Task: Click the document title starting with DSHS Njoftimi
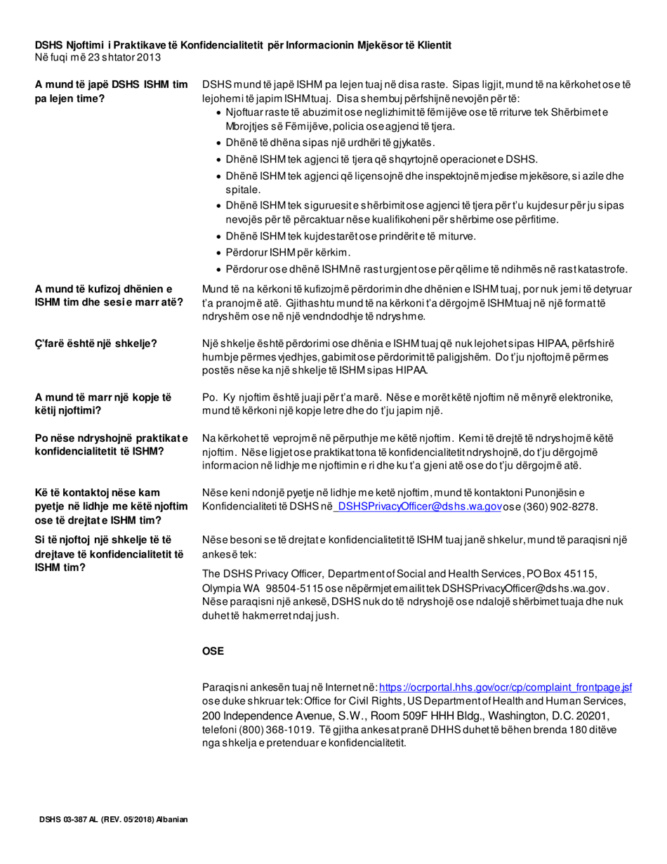pyautogui.click(x=242, y=45)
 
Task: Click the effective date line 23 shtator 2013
pyautogui.click(x=98, y=56)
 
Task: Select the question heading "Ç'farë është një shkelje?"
pyautogui.click(x=95, y=343)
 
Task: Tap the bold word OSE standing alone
pyautogui.click(x=213, y=651)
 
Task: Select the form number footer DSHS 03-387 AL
pyautogui.click(x=112, y=820)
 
